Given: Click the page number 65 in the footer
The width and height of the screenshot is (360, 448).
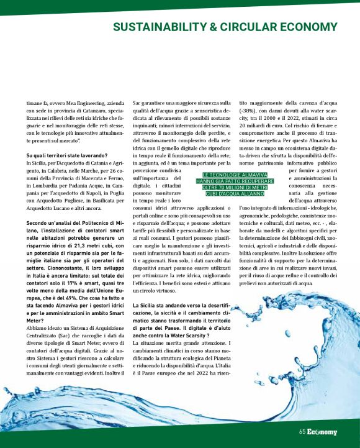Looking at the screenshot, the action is coord(302,432).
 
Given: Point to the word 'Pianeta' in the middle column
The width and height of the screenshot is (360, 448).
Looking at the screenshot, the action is coord(222,359).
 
